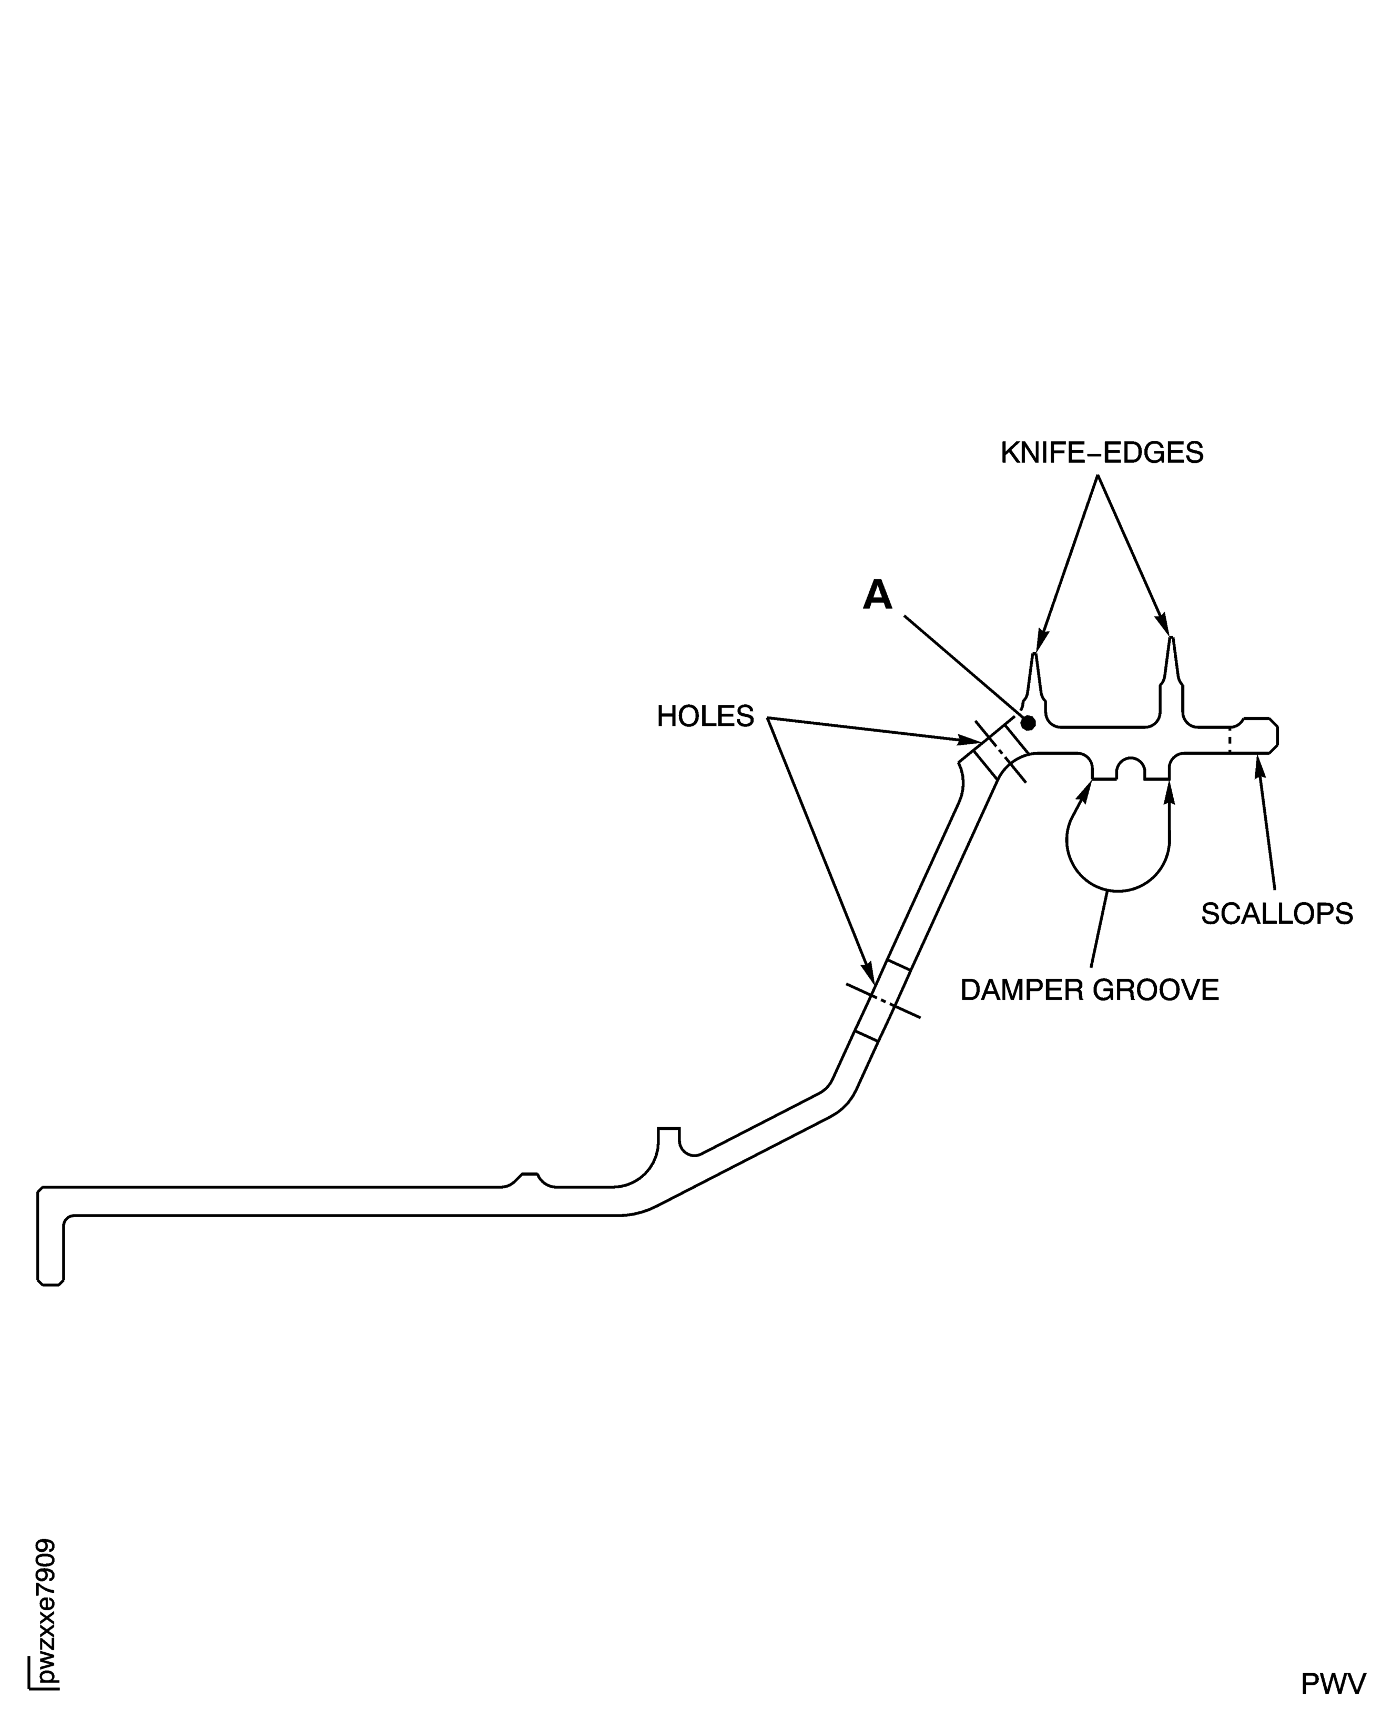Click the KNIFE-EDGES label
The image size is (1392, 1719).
(x=1102, y=454)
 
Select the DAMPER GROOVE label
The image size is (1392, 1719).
(x=1089, y=990)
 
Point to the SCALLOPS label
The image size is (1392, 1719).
(x=1276, y=914)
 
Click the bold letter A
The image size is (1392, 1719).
(x=877, y=596)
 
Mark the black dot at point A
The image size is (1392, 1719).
(x=1028, y=723)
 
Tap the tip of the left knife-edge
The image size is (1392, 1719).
(x=1035, y=654)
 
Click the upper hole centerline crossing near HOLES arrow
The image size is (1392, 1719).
(x=999, y=752)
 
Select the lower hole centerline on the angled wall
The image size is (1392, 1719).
(x=883, y=1000)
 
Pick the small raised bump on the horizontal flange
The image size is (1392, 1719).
(x=529, y=1178)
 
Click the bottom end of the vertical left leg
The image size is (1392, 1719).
(x=50, y=1282)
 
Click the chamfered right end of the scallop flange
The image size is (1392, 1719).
(x=1273, y=735)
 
